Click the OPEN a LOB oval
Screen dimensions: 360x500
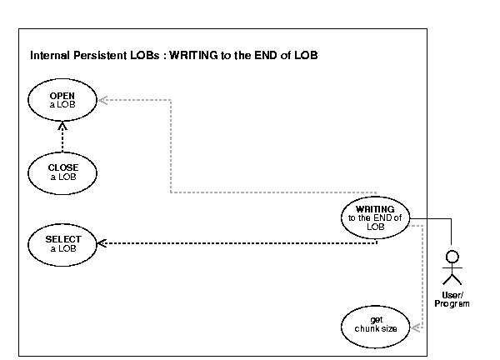(62, 101)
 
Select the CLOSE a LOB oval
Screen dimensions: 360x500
(62, 172)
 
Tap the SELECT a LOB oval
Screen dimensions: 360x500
(62, 243)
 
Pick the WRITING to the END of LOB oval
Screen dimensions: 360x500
(375, 217)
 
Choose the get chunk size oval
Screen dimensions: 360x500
(375, 324)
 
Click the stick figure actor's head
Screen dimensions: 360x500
(452, 255)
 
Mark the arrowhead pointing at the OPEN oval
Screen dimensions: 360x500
(100, 101)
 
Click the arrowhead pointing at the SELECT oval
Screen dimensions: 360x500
(100, 243)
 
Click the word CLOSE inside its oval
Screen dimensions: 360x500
(62, 167)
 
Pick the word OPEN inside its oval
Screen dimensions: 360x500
(62, 96)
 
